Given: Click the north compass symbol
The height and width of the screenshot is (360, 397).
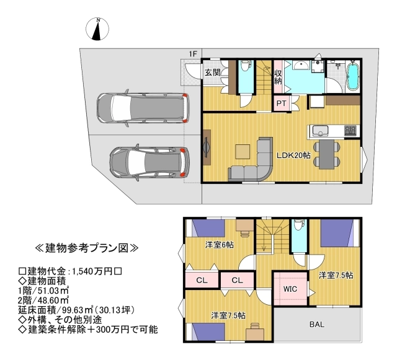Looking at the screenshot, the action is tap(97, 29).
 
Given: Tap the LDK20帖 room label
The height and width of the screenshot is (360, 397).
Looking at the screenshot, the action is tap(293, 156).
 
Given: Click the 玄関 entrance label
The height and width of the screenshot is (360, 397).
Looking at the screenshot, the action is tap(213, 72).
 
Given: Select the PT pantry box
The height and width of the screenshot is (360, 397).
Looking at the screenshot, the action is tap(281, 103).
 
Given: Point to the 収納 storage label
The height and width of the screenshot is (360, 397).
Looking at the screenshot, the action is tap(278, 77).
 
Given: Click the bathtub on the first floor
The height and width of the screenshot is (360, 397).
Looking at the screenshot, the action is tap(352, 76).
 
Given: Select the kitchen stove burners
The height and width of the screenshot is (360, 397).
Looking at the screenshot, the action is tap(350, 130).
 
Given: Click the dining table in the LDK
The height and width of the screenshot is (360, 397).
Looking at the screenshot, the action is tap(327, 154).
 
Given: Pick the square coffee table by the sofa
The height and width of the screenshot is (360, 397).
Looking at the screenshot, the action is tap(243, 152).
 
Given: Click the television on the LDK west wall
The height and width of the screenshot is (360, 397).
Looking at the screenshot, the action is tap(207, 147).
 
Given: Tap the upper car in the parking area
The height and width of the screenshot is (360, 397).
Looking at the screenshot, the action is tap(143, 108).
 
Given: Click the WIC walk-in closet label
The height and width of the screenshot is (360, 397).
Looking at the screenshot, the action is tap(290, 289).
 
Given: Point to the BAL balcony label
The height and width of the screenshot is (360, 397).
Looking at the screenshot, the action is tap(317, 324).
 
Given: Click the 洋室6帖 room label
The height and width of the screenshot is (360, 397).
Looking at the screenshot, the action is tap(219, 245).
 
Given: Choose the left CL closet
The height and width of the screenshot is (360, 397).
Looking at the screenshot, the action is tap(202, 280).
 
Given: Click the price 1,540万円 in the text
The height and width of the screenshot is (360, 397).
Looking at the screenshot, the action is tap(92, 271).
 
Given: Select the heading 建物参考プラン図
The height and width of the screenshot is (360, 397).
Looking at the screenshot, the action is tap(87, 248).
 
